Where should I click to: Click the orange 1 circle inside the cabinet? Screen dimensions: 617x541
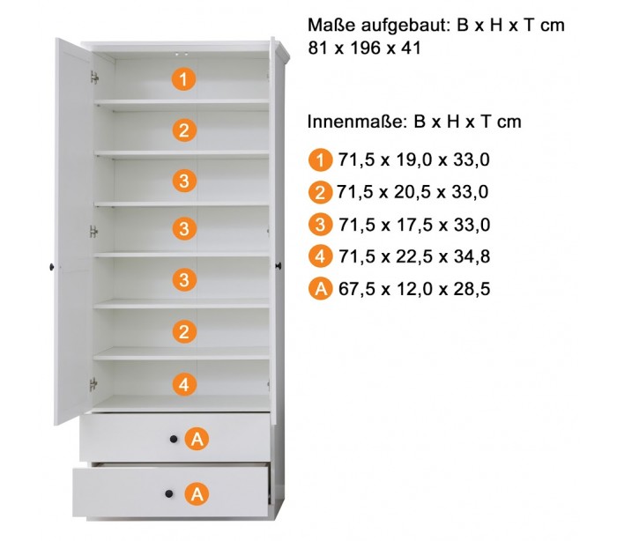pos(183,79)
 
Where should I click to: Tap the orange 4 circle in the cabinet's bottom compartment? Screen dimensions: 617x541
pos(184,384)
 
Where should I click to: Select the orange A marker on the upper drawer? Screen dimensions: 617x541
pos(197,438)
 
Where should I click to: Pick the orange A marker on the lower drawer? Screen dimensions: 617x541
pos(197,493)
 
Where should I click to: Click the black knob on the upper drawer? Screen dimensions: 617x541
pos(174,439)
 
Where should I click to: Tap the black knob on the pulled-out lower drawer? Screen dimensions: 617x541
pos(169,493)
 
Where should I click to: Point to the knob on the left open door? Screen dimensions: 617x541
pos(52,267)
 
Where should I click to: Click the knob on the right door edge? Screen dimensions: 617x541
pos(279,266)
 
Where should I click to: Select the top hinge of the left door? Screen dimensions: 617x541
pos(94,78)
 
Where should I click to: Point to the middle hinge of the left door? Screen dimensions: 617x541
pos(93,232)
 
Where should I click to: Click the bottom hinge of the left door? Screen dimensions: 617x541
pos(93,384)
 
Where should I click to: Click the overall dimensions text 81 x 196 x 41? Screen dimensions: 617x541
pos(364,48)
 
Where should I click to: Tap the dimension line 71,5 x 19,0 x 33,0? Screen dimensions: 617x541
pos(414,159)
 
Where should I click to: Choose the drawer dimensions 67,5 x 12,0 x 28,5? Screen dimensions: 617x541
pos(414,288)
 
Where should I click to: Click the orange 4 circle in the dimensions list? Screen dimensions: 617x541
pos(320,256)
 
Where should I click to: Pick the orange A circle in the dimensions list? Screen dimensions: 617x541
pos(320,289)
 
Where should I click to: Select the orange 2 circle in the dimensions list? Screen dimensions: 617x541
pos(320,192)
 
